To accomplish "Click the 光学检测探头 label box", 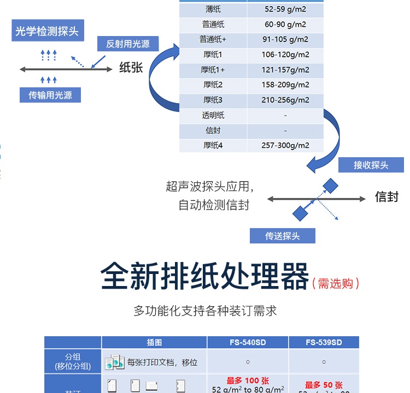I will [46, 31].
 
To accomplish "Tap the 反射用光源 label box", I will [128, 44].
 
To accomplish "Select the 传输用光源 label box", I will [50, 95].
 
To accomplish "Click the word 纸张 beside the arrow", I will [131, 68].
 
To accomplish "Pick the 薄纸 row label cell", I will [213, 9].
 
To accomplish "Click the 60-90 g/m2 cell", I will [285, 25].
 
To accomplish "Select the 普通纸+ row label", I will [213, 39].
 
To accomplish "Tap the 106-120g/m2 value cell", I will [285, 55].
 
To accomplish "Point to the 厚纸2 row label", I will [213, 85].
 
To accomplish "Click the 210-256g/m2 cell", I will [285, 100].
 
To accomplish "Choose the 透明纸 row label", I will [213, 115].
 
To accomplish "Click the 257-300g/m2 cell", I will [285, 145].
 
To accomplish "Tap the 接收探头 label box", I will [371, 165].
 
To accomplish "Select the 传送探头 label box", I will [283, 236].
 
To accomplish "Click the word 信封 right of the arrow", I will [386, 197].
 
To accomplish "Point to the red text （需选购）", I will [336, 283].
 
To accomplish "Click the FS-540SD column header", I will [248, 343].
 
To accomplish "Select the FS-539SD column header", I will [324, 343].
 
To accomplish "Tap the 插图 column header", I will [154, 343].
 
